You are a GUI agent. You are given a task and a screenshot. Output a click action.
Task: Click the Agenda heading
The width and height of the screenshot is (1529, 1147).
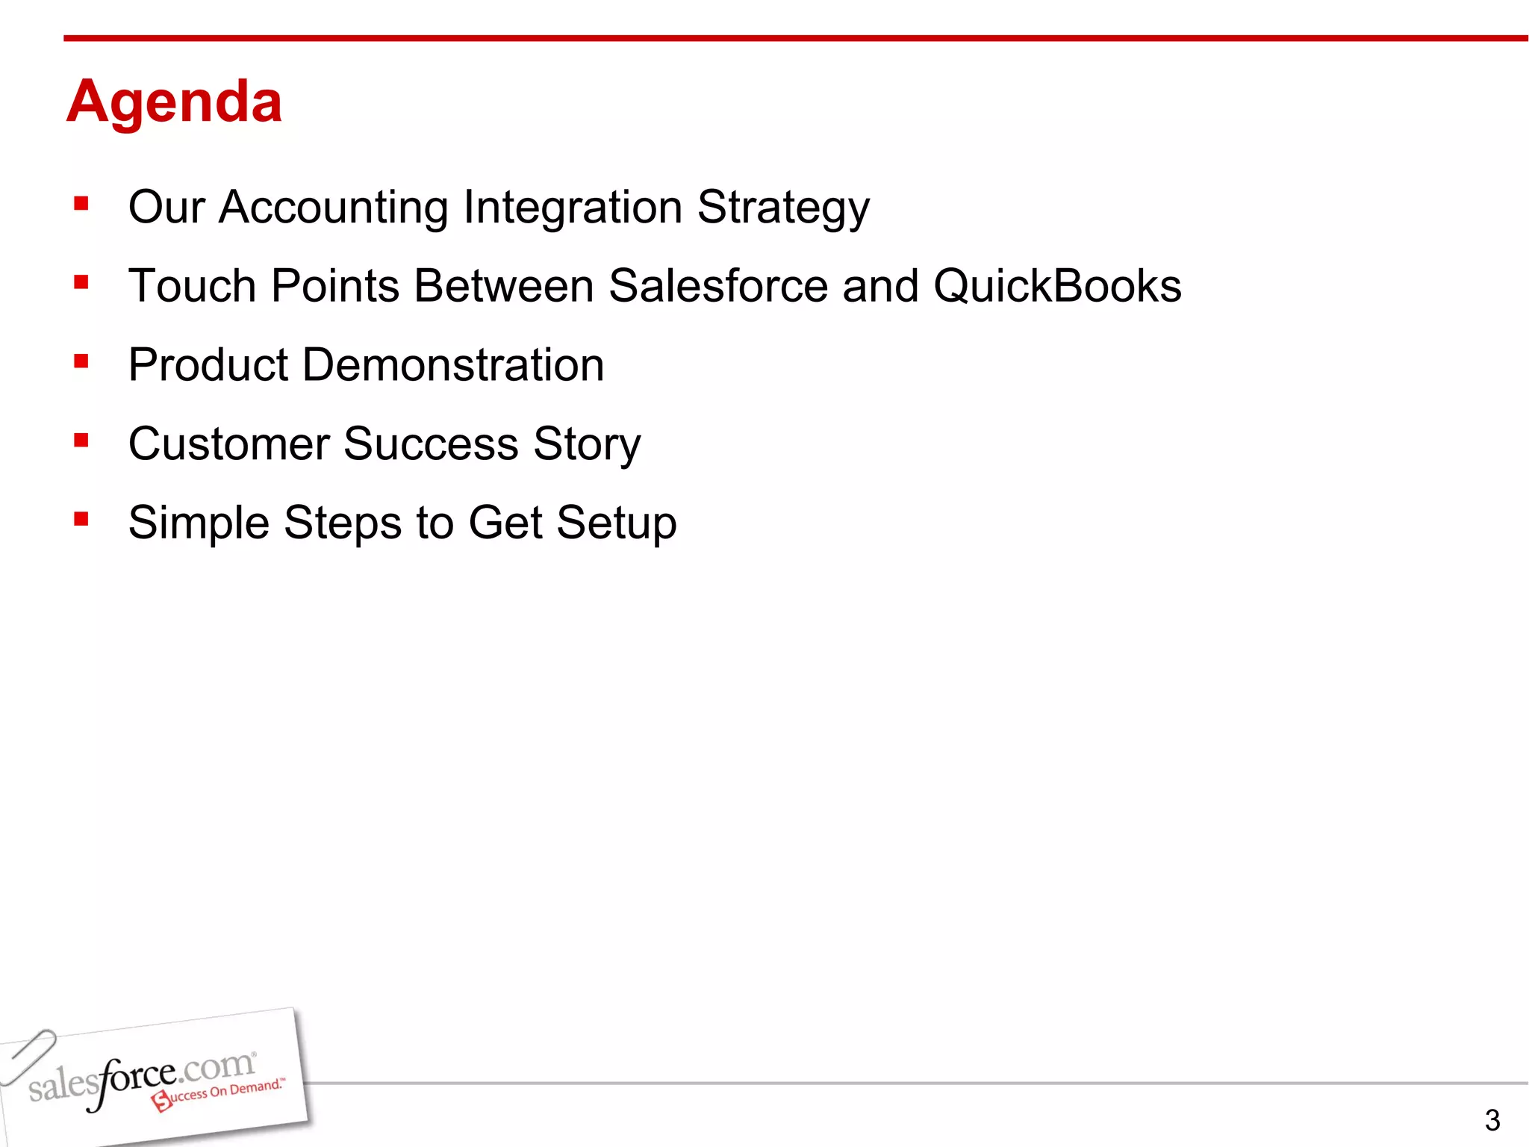pyautogui.click(x=175, y=102)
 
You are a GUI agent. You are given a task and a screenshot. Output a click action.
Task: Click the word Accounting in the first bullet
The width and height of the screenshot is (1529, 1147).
pyautogui.click(x=333, y=207)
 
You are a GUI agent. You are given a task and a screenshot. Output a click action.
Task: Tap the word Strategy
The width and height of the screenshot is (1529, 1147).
pyautogui.click(x=783, y=207)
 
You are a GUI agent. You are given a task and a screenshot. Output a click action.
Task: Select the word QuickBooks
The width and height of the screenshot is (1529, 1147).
pyautogui.click(x=1057, y=286)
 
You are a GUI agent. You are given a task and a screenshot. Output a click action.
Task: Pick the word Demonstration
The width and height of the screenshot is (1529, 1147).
pyautogui.click(x=453, y=365)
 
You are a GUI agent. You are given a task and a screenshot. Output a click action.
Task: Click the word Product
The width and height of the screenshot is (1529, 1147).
pyautogui.click(x=208, y=365)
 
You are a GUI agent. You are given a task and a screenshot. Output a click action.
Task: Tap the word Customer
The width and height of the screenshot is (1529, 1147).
pyautogui.click(x=228, y=444)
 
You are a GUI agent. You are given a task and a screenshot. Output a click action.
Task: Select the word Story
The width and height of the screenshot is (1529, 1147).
pyautogui.click(x=587, y=444)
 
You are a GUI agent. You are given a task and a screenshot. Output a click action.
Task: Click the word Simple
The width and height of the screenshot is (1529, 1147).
pyautogui.click(x=199, y=523)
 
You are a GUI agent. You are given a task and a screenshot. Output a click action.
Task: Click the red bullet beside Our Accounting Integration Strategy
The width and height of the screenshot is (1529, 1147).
pyautogui.click(x=81, y=204)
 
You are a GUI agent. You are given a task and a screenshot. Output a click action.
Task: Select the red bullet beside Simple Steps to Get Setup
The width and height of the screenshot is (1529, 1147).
pyautogui.click(x=81, y=519)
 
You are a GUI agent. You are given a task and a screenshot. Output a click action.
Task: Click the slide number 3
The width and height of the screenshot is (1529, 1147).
pyautogui.click(x=1492, y=1120)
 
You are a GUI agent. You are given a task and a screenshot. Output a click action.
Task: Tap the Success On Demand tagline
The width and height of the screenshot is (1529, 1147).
pyautogui.click(x=221, y=1093)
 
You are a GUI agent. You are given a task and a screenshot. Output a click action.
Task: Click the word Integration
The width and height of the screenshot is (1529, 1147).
pyautogui.click(x=573, y=207)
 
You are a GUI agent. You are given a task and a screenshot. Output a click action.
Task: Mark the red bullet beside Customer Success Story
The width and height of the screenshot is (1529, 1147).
pyautogui.click(x=81, y=441)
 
